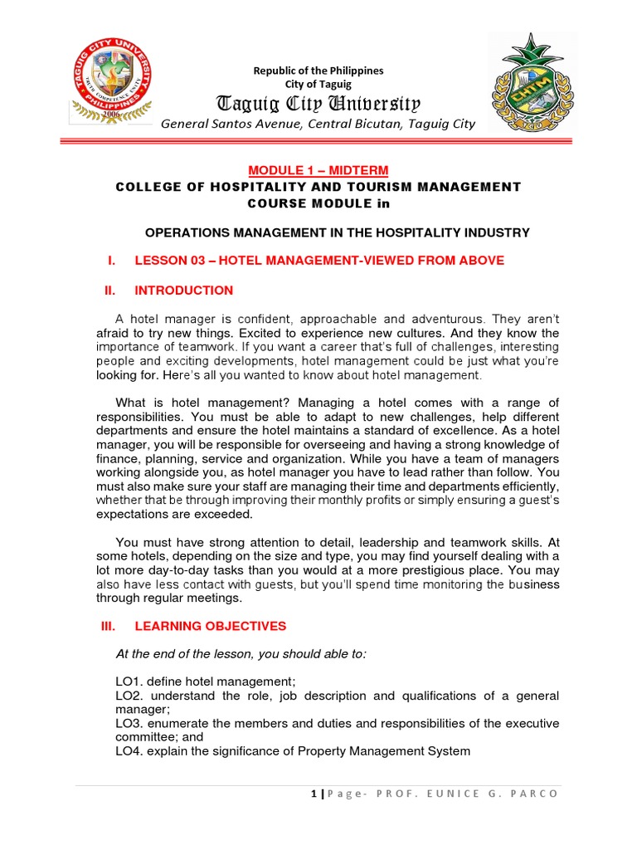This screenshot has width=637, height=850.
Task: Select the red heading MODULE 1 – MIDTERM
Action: pos(318,169)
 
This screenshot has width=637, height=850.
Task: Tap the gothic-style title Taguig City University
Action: pos(318,104)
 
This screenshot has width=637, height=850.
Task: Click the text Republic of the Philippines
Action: pos(318,71)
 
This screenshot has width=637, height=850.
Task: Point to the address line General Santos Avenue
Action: pos(318,125)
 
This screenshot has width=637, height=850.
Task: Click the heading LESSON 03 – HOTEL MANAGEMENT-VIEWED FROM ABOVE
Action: pos(318,261)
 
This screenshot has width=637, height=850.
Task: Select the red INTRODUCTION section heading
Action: pos(183,291)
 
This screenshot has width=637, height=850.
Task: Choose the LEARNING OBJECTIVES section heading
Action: pos(210,626)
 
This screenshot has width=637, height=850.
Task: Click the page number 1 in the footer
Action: pos(314,794)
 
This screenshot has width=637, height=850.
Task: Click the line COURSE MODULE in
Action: pos(318,203)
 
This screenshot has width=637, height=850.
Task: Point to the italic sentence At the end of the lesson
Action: pos(240,653)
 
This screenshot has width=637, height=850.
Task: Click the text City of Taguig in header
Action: pos(318,84)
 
